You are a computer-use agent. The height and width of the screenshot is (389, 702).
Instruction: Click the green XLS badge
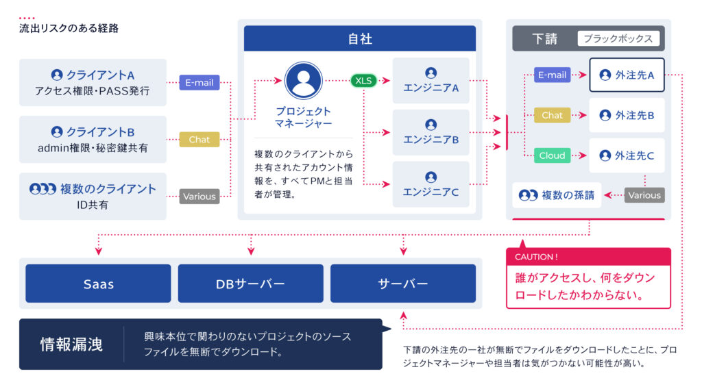[363, 81]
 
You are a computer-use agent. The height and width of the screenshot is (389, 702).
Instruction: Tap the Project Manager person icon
[303, 81]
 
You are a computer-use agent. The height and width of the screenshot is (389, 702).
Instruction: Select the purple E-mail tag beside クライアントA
[199, 83]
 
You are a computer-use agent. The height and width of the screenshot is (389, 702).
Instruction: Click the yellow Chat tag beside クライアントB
[199, 140]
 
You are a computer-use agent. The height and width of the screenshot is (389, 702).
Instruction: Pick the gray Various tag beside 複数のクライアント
[199, 197]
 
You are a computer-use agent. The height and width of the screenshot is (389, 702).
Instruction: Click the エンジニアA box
[431, 81]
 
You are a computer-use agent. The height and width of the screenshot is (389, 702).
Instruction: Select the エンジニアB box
[431, 132]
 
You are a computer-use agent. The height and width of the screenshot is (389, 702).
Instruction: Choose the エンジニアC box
[431, 184]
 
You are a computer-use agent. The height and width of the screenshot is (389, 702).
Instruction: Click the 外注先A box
[627, 75]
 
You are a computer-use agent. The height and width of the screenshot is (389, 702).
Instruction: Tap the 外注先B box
[627, 115]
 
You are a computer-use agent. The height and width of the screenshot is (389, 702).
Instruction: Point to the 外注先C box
[627, 155]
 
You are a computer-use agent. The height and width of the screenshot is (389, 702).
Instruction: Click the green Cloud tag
[552, 155]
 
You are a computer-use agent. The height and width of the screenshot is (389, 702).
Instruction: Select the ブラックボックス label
[618, 39]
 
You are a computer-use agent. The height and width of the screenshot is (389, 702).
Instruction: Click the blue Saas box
[98, 284]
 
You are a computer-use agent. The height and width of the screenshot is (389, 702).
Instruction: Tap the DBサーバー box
[250, 284]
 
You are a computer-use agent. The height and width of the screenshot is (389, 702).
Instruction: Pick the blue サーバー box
[402, 284]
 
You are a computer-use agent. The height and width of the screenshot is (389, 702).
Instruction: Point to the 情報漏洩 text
[71, 344]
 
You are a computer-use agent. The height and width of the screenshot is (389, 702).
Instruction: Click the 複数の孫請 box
[557, 195]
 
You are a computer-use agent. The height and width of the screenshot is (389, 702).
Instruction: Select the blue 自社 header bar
[360, 39]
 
